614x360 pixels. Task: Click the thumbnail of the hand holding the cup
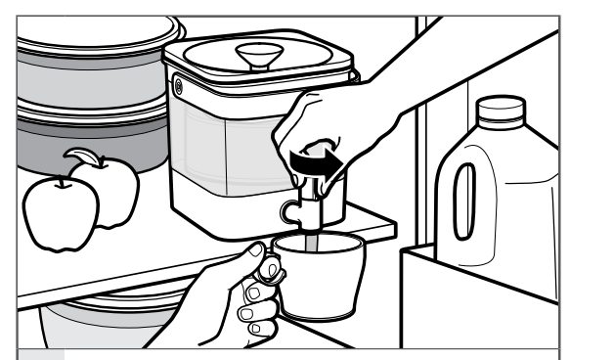(256, 256)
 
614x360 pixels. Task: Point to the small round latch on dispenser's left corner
(179, 87)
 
